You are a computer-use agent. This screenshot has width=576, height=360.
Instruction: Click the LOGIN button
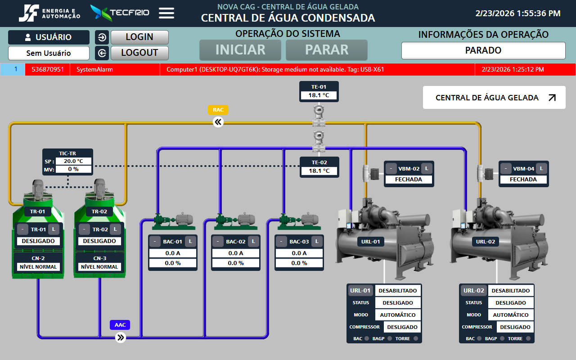[139, 37]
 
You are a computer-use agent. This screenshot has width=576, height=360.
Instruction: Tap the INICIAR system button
[240, 50]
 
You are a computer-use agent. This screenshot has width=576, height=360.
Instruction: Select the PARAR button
[327, 50]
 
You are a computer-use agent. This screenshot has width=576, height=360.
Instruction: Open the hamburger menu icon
[166, 13]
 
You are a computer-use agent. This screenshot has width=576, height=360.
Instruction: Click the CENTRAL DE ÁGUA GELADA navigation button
[494, 98]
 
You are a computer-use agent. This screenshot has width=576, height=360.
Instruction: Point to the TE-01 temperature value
[319, 95]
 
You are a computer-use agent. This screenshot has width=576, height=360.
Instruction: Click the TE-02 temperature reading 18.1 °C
[319, 171]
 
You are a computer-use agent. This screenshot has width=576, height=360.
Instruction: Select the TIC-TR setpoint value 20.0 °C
[73, 161]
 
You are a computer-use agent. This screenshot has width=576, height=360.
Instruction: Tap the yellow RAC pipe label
[218, 110]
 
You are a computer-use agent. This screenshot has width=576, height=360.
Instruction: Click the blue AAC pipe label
[120, 325]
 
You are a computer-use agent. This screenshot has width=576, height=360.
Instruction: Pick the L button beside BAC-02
[253, 242]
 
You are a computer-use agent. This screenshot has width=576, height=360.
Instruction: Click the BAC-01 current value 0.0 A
[173, 253]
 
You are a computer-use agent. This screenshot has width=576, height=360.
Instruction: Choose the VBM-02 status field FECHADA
[409, 180]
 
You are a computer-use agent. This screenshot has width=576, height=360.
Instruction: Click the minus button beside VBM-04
[506, 169]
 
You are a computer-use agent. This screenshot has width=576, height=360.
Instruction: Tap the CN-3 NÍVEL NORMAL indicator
[100, 267]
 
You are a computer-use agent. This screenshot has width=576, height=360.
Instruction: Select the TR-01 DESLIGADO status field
[38, 241]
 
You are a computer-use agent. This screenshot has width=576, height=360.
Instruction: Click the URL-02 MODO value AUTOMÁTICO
[511, 315]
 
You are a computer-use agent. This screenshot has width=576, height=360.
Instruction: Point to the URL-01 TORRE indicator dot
[416, 338]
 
